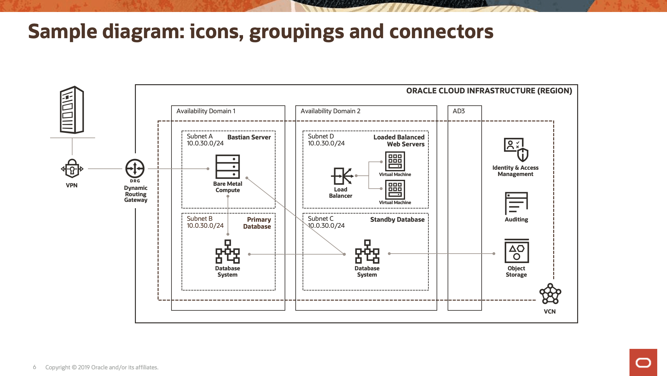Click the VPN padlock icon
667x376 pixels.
[x=72, y=169]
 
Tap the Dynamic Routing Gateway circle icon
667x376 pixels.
[x=135, y=168]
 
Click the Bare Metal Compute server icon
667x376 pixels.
[x=228, y=167]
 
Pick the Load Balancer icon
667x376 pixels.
[x=342, y=176]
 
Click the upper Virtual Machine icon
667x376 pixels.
[x=395, y=161]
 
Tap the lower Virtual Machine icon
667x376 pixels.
[x=395, y=190]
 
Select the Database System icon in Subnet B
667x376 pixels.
[x=228, y=252]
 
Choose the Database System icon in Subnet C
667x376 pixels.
[x=367, y=252]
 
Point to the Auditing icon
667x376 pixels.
[x=516, y=203]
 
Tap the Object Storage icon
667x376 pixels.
[x=517, y=251]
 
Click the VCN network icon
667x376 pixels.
[x=550, y=294]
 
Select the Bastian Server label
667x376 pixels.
[x=249, y=137]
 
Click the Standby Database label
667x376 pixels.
[x=397, y=220]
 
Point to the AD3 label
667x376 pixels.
[x=459, y=111]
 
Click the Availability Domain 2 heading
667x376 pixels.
[x=330, y=111]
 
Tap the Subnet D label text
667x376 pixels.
[x=321, y=136]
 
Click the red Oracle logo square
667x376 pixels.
[x=643, y=362]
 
